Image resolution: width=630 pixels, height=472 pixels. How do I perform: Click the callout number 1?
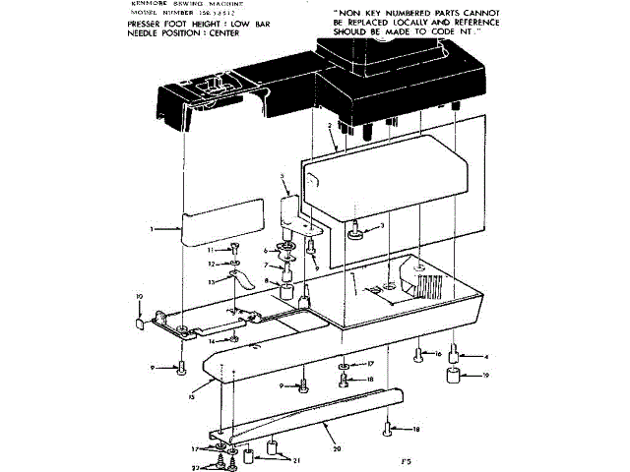point(151,228)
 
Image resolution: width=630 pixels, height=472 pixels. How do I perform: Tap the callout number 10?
point(139,296)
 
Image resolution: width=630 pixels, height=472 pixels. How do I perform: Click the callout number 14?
point(210,340)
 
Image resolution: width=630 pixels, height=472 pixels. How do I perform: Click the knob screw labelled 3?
point(354,231)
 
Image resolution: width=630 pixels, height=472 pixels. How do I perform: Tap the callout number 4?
point(485,355)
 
